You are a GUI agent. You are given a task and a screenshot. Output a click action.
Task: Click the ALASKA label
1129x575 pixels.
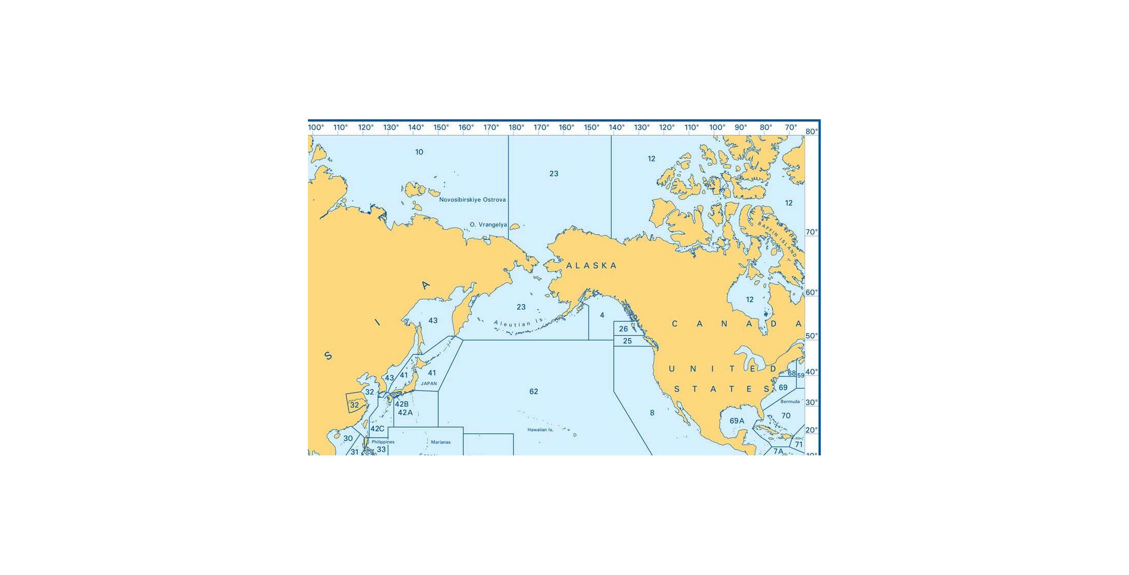coord(591,265)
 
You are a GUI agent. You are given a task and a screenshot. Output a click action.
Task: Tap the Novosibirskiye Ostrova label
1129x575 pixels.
coord(472,200)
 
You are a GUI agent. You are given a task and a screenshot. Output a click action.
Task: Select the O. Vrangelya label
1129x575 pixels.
coord(488,225)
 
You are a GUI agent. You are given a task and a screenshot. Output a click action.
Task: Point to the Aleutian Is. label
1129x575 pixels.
coord(518,323)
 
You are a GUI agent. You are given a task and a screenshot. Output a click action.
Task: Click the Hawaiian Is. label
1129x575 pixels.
coord(540,430)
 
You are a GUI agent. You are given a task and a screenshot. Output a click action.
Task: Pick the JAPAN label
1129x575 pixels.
coord(429,384)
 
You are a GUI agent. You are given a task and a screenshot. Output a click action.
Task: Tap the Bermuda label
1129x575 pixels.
coord(790,401)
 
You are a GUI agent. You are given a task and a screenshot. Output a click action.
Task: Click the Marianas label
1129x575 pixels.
coord(440,442)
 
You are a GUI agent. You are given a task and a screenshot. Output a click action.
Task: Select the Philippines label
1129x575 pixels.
coord(383,442)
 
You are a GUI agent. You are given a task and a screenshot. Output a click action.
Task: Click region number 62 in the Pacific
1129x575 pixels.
coord(534,392)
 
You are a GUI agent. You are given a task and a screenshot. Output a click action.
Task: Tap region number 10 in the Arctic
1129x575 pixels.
coord(419,152)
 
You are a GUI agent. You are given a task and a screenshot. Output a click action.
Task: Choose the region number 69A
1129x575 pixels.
coord(737,421)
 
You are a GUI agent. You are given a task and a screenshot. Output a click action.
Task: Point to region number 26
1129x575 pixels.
coord(624,329)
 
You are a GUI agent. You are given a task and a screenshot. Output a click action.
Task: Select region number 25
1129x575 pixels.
coord(627,341)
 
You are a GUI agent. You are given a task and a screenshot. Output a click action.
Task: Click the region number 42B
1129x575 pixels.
coord(401,405)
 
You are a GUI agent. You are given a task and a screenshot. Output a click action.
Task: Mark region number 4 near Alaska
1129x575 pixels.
coord(602,315)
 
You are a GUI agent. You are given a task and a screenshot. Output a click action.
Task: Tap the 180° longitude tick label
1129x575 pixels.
coord(516,128)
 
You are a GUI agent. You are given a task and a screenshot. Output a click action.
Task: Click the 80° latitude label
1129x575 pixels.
coord(812,131)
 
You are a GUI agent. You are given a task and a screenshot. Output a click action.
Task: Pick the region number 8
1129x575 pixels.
coord(652,413)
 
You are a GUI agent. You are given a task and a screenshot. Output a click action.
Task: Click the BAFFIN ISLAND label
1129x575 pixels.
coord(778,239)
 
